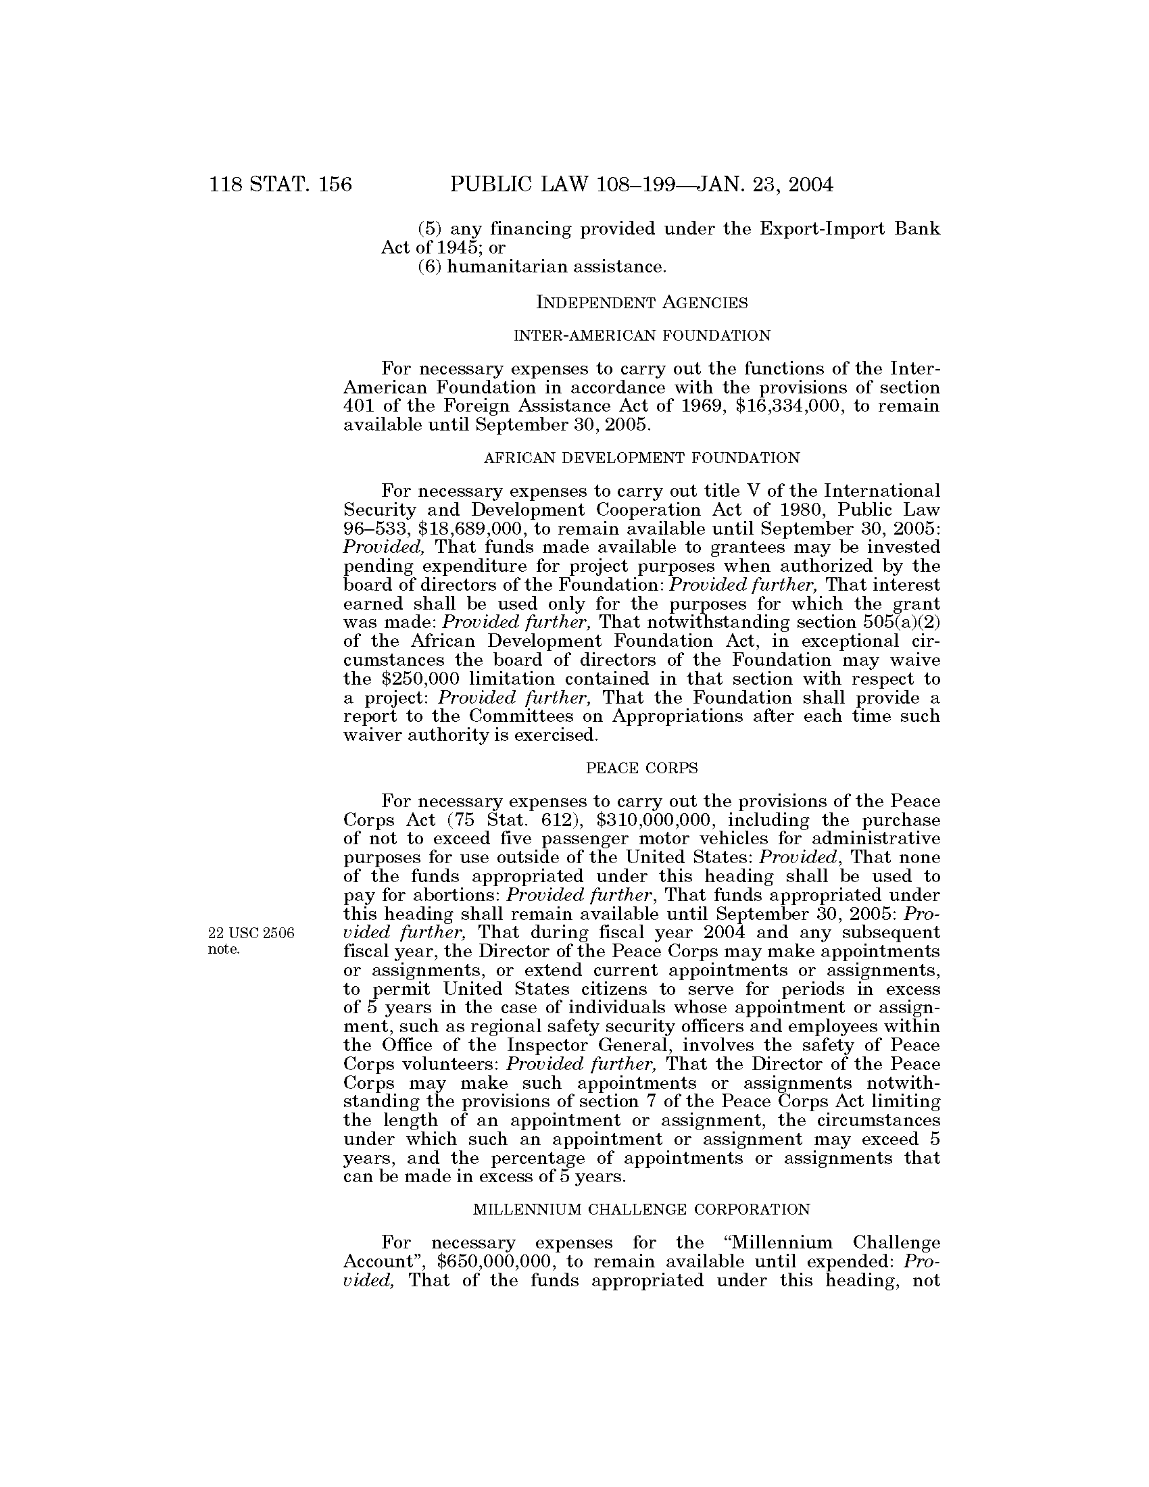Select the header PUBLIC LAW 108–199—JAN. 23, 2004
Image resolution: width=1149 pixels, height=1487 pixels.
click(x=641, y=185)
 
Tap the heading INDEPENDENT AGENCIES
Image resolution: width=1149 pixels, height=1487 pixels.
click(x=642, y=302)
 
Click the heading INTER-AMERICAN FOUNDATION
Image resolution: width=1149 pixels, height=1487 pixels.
click(x=642, y=336)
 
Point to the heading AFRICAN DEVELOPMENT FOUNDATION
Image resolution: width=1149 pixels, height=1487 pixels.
click(x=642, y=458)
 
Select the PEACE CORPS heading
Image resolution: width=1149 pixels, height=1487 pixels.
click(x=642, y=769)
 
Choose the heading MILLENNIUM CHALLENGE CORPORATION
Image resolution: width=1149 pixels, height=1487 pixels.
click(x=642, y=1210)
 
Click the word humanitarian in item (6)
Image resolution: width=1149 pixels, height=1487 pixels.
click(x=506, y=266)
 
